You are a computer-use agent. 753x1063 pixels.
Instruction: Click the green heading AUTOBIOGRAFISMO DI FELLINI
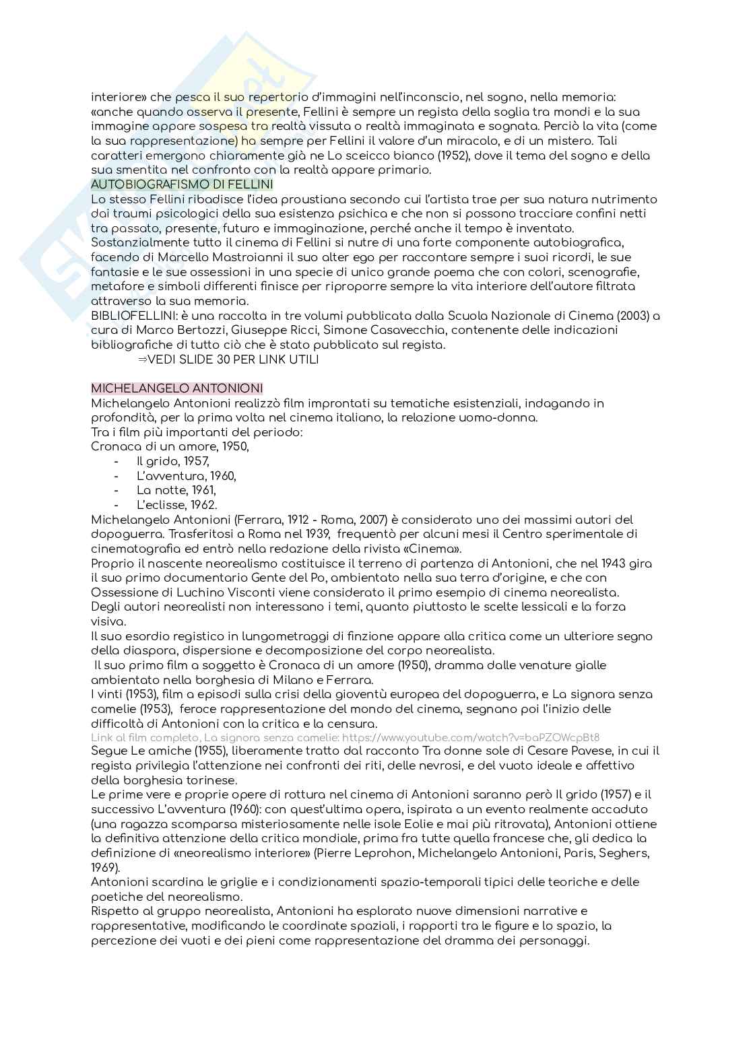(182, 184)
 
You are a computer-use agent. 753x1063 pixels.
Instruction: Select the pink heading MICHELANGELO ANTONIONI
(177, 388)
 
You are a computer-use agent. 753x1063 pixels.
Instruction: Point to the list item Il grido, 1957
(173, 461)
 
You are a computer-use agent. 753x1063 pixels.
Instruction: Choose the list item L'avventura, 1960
(186, 476)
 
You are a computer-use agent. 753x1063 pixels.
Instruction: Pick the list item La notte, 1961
(176, 490)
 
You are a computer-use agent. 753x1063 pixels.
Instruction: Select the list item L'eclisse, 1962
(176, 505)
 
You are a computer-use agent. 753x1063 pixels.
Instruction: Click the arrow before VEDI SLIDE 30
(142, 359)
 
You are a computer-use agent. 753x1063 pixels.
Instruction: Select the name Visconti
(248, 592)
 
